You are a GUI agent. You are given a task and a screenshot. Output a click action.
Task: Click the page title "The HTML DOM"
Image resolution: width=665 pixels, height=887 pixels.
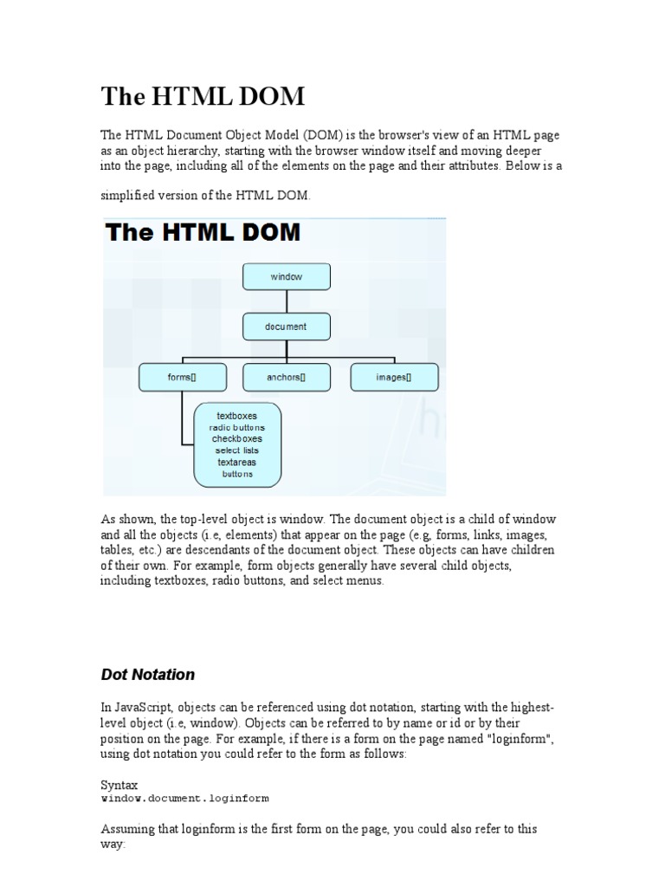(203, 96)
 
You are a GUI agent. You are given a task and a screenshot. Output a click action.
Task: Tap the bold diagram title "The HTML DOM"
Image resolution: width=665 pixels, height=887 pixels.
(203, 232)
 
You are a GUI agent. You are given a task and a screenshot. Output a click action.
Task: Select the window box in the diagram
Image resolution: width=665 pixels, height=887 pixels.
(286, 277)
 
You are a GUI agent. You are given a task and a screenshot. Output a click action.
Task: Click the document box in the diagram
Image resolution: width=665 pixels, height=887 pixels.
(286, 327)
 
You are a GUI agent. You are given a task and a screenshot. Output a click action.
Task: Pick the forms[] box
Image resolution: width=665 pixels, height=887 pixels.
(183, 377)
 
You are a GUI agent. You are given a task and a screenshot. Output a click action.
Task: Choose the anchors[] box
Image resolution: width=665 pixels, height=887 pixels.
(286, 377)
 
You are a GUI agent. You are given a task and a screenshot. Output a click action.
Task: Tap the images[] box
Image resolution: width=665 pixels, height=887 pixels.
(394, 377)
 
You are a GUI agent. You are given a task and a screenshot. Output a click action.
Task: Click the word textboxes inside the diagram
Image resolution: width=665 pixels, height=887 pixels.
(236, 416)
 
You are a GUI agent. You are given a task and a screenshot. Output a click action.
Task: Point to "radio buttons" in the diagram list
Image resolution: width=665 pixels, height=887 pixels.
(236, 428)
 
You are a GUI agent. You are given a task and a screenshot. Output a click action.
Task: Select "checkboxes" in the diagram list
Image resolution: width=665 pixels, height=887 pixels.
(236, 439)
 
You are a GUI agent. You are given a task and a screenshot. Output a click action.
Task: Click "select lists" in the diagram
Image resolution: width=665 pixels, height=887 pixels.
(236, 450)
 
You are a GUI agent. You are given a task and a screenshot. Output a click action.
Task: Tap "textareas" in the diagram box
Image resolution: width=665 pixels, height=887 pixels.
(236, 463)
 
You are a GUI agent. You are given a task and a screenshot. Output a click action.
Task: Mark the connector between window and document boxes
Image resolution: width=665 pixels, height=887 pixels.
(286, 301)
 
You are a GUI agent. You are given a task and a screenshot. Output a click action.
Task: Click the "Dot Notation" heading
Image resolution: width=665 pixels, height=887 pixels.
(148, 674)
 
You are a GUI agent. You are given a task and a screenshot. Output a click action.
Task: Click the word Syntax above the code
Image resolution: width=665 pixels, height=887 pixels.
(119, 785)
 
